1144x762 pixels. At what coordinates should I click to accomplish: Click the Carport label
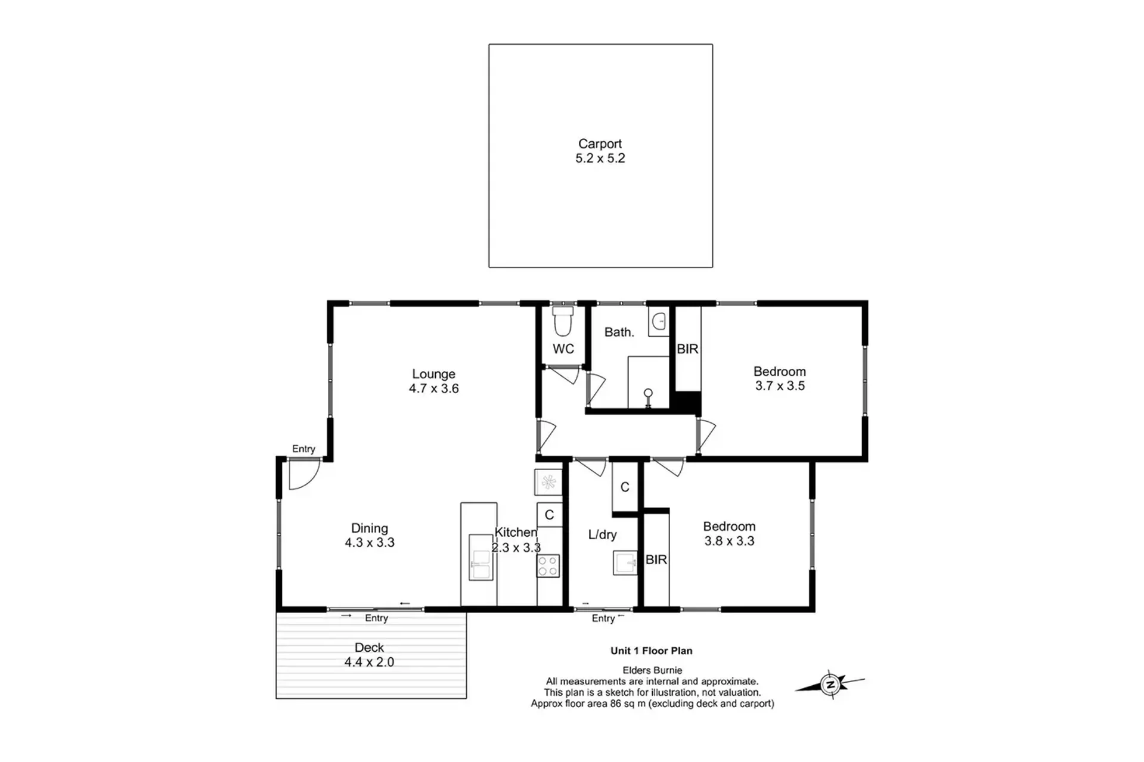(600, 144)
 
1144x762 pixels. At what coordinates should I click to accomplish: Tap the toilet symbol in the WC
(563, 321)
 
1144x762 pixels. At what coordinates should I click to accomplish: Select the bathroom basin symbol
(659, 322)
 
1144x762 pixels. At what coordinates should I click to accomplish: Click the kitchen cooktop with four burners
(548, 565)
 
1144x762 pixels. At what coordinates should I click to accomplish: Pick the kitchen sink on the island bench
(480, 557)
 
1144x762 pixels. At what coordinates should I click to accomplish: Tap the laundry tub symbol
(625, 563)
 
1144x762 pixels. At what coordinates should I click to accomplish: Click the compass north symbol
(830, 684)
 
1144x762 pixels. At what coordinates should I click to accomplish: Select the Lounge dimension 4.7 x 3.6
(433, 388)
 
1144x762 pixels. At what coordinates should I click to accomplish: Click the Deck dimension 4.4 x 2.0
(369, 662)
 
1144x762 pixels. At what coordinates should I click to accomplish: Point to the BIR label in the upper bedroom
(687, 349)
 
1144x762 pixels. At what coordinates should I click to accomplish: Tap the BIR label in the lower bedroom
(656, 559)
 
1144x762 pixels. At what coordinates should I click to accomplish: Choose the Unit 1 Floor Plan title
(651, 651)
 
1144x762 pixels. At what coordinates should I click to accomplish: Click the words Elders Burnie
(652, 670)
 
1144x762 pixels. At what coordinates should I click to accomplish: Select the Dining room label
(369, 528)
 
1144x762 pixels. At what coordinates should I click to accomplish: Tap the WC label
(563, 349)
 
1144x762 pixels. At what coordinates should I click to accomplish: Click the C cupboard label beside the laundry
(625, 487)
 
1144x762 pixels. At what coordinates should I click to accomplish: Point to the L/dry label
(602, 535)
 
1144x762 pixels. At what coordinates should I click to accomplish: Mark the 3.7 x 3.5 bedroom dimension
(780, 386)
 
